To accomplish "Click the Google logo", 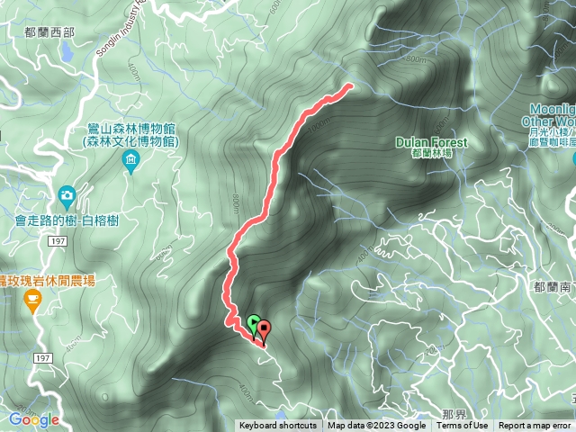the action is pyautogui.click(x=34, y=419).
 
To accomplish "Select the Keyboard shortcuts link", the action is pyautogui.click(x=278, y=426).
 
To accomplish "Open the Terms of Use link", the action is pyautogui.click(x=463, y=426).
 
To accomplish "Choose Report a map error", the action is pyautogui.click(x=535, y=426).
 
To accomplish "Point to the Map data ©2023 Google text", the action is pyautogui.click(x=376, y=426).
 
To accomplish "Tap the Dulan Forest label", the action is pyautogui.click(x=432, y=142).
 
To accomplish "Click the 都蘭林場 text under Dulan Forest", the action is pyautogui.click(x=432, y=154).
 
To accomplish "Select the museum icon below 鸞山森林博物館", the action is pyautogui.click(x=131, y=161).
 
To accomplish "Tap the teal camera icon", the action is pyautogui.click(x=67, y=195).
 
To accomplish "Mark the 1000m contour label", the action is pyautogui.click(x=315, y=127).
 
